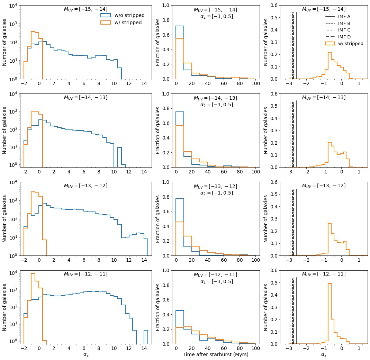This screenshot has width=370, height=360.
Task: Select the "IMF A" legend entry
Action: pos(344,16)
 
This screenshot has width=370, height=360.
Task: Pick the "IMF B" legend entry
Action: pos(344,23)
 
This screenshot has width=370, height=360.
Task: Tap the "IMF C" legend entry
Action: pos(344,30)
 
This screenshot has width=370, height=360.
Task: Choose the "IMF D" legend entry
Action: pos(344,37)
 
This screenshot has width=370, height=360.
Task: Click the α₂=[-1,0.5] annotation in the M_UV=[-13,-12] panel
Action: pos(216,193)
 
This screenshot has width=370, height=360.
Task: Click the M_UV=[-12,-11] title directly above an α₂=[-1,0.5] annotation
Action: pos(215,274)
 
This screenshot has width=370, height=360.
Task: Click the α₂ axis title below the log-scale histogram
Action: pos(86,354)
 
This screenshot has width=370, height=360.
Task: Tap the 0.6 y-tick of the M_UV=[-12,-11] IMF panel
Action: pos(276,270)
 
